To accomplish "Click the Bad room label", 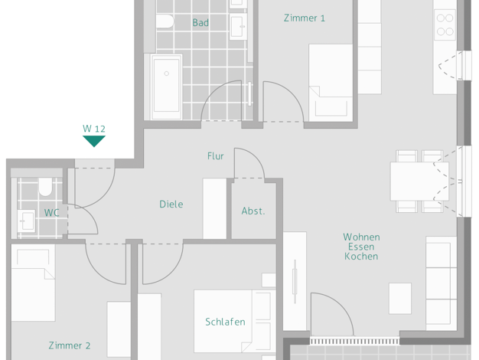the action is click(x=200, y=23).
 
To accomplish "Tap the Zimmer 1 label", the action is click(x=305, y=18).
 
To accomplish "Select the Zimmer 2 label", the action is click(x=70, y=345).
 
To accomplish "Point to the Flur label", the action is click(x=215, y=156).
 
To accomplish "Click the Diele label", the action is click(x=171, y=204).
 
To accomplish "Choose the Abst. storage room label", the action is click(x=253, y=211).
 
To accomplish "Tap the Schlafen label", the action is click(x=225, y=322).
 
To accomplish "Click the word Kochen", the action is click(x=361, y=257).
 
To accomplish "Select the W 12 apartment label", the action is click(x=94, y=129).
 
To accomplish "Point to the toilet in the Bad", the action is click(x=165, y=21).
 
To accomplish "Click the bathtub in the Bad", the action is click(x=166, y=86).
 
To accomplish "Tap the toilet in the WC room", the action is click(x=45, y=187).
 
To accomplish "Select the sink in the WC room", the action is click(x=26, y=221).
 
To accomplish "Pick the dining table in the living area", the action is click(x=419, y=182).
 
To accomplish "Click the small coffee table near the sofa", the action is click(x=400, y=299).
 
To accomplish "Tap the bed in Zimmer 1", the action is click(x=331, y=83).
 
